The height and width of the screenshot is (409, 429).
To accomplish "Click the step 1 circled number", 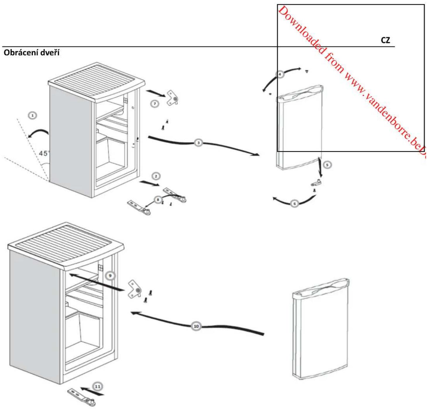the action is point(33,115).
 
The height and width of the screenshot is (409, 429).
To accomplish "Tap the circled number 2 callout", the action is point(156,176).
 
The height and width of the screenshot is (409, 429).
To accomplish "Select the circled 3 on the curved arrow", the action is point(198,143).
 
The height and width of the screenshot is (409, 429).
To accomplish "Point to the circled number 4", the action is point(280,74).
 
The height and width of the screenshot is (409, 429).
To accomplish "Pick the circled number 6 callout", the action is point(294,204).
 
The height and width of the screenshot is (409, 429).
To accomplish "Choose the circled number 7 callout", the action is point(155,104).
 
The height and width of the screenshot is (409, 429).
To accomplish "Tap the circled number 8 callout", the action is point(158,200).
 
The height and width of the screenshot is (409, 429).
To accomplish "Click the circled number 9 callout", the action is point(110,276).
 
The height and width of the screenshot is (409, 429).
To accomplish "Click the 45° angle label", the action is point(43,154).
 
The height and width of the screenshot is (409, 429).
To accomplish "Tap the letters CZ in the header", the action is point(385,40).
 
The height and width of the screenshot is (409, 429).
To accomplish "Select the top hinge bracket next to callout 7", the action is point(172,98).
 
